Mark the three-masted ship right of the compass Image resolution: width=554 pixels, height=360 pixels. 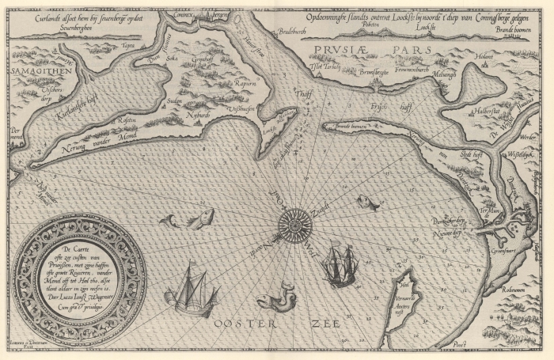tap(341, 263)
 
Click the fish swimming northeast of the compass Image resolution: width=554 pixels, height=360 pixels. tap(366, 203)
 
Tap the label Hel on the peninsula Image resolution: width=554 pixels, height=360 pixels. tap(405, 286)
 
